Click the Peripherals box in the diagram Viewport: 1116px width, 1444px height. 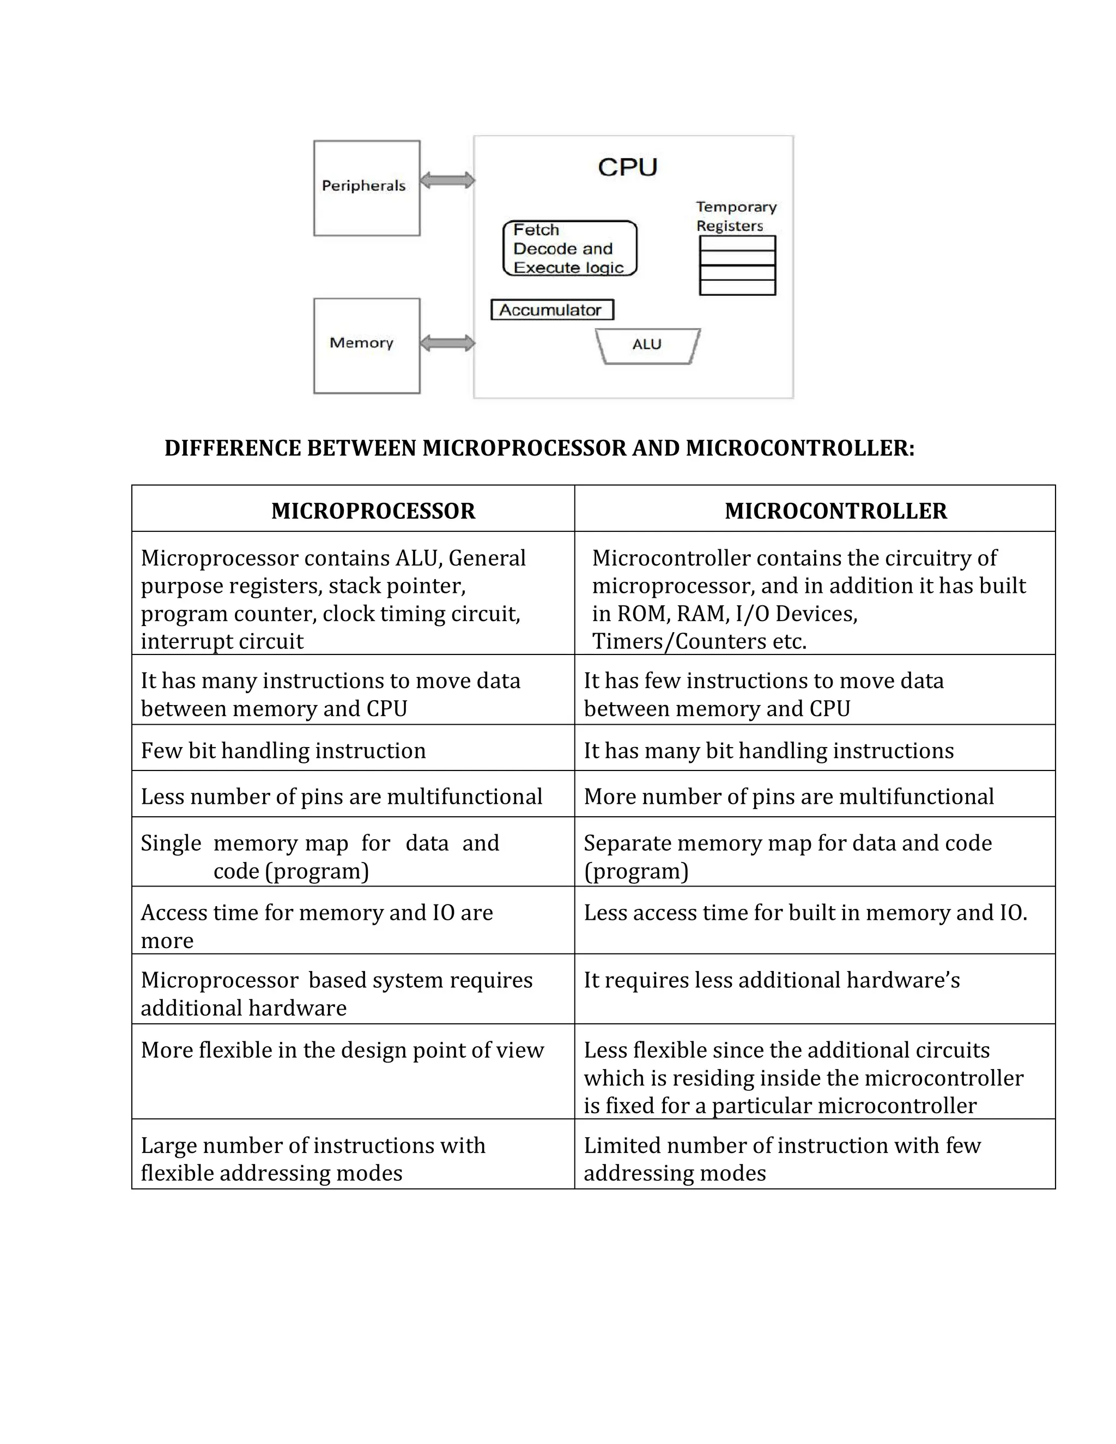pyautogui.click(x=366, y=188)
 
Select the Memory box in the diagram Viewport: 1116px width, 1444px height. pyautogui.click(x=366, y=345)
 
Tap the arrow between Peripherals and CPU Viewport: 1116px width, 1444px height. pyautogui.click(x=447, y=180)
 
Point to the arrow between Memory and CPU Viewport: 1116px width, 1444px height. pyautogui.click(x=447, y=343)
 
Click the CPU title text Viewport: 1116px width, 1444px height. pyautogui.click(x=627, y=167)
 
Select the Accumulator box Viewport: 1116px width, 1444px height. pyautogui.click(x=552, y=310)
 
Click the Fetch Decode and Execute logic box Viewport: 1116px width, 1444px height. pyautogui.click(x=569, y=248)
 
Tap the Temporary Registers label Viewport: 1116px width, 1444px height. pyautogui.click(x=736, y=216)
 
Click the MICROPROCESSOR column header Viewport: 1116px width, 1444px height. pyautogui.click(x=373, y=511)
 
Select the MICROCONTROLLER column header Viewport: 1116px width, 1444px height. pyautogui.click(x=836, y=511)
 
